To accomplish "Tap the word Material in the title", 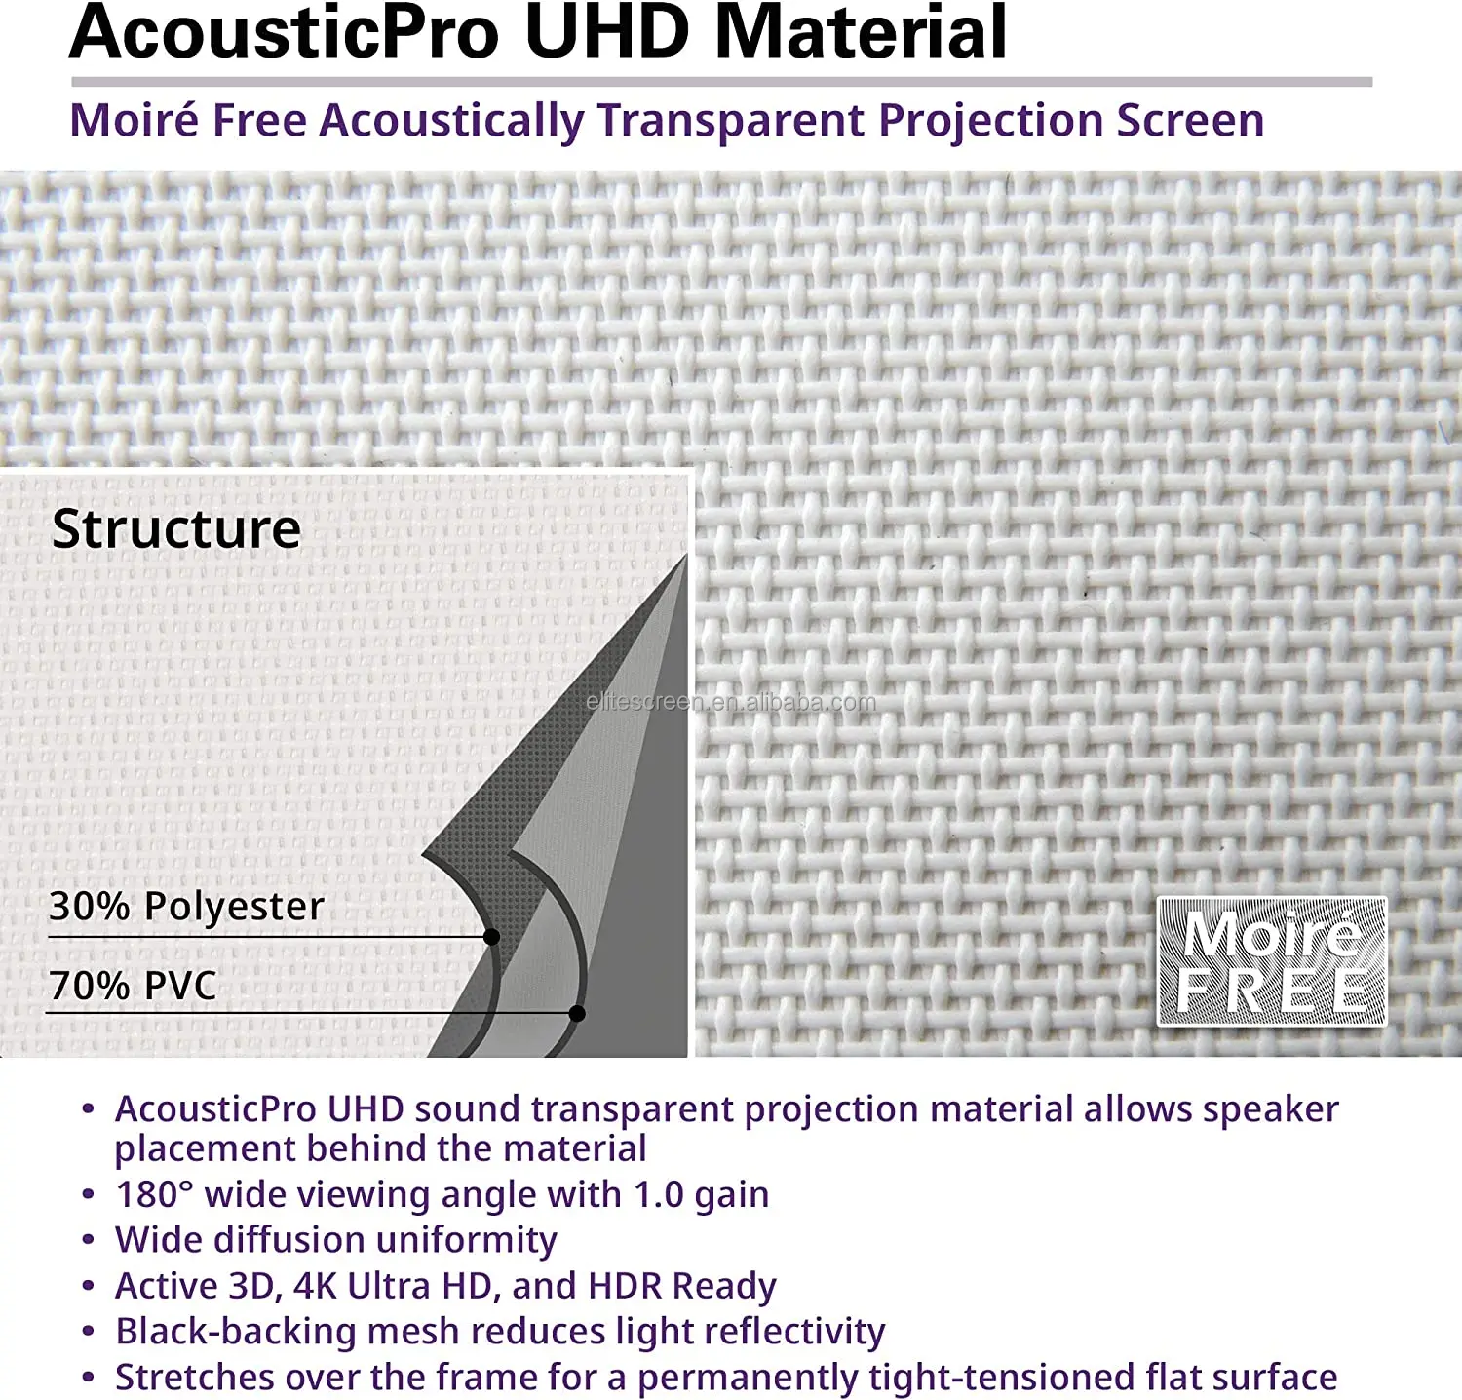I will [862, 33].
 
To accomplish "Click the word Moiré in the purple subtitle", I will [135, 121].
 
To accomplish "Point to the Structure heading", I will [176, 529].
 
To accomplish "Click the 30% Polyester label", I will [186, 907].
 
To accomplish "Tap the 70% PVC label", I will [134, 986].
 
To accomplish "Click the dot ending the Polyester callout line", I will [492, 937].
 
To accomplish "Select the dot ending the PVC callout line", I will [577, 1014].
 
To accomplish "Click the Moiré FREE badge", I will [1272, 961].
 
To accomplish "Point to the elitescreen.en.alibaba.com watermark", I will [731, 702].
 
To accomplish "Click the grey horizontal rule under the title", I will [721, 83].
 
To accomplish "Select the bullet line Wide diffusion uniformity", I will [336, 1240].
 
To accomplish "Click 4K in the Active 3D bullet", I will [315, 1286].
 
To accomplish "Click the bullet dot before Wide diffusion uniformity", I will [89, 1241].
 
